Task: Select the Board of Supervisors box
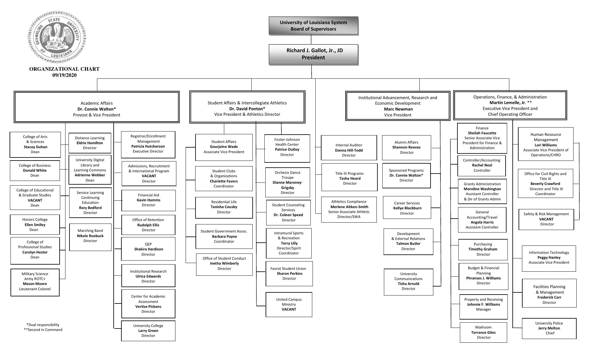pyautogui.click(x=313, y=26)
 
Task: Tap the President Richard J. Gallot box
pyautogui.click(x=313, y=54)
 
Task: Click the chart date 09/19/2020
pyautogui.click(x=64, y=75)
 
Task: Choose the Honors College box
pyautogui.click(x=35, y=224)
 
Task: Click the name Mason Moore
pyautogui.click(x=35, y=284)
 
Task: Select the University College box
pyautogui.click(x=148, y=331)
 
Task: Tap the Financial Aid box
pyautogui.click(x=149, y=200)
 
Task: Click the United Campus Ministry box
pyautogui.click(x=289, y=304)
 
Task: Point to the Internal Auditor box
pyautogui.click(x=349, y=148)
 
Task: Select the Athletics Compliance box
pyautogui.click(x=349, y=209)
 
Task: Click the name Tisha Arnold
pyautogui.click(x=408, y=284)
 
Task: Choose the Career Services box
pyautogui.click(x=407, y=207)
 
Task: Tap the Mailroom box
pyautogui.click(x=483, y=332)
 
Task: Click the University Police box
pyautogui.click(x=549, y=328)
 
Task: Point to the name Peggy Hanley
pyautogui.click(x=549, y=257)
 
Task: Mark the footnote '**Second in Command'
pyautogui.click(x=43, y=330)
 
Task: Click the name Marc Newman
pyautogui.click(x=398, y=109)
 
